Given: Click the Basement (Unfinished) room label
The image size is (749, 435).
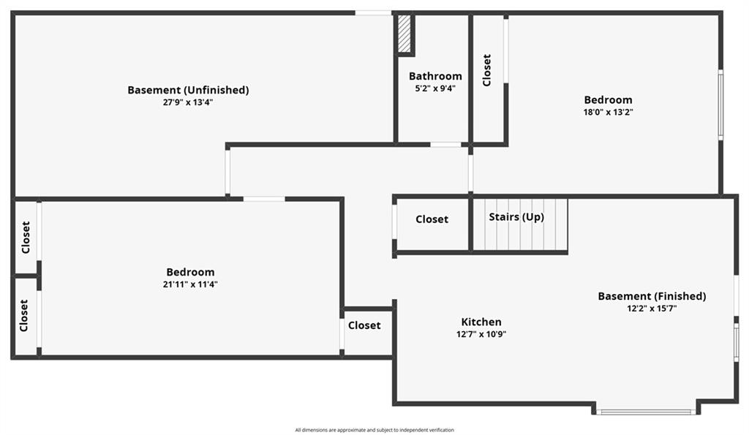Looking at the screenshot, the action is [x=188, y=90].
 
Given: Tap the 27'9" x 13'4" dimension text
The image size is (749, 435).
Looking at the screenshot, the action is [x=188, y=102].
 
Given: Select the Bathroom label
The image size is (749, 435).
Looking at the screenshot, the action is [x=435, y=76].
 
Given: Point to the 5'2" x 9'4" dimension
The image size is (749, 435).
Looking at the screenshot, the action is [x=435, y=88].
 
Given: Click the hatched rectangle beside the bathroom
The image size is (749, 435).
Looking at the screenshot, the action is [x=404, y=34].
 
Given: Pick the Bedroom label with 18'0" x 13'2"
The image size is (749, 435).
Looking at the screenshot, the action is [x=608, y=100].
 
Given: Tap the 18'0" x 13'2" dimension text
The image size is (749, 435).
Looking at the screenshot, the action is [x=608, y=112].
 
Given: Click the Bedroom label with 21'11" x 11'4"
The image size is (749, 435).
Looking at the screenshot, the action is [x=190, y=272].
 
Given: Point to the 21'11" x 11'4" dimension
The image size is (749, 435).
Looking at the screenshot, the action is [x=190, y=284].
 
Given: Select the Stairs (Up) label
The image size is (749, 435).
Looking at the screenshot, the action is [x=516, y=217].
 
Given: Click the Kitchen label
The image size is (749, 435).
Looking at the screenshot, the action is [x=481, y=322].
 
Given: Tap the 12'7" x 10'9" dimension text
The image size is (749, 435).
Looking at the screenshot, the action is [x=481, y=334].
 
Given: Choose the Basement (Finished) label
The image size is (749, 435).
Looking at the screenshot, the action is [x=652, y=296].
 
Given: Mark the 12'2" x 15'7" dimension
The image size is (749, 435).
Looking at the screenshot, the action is [x=652, y=309].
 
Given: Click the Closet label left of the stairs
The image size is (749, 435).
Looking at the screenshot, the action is [x=432, y=219].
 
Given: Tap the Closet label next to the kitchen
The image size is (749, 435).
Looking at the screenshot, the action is [x=364, y=325].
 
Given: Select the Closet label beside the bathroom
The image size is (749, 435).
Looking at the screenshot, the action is [x=486, y=70].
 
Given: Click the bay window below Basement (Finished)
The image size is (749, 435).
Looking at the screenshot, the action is [x=646, y=412].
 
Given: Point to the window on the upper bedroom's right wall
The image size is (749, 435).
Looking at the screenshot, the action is [x=720, y=105].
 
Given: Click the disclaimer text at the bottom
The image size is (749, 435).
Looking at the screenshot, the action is [x=374, y=430].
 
